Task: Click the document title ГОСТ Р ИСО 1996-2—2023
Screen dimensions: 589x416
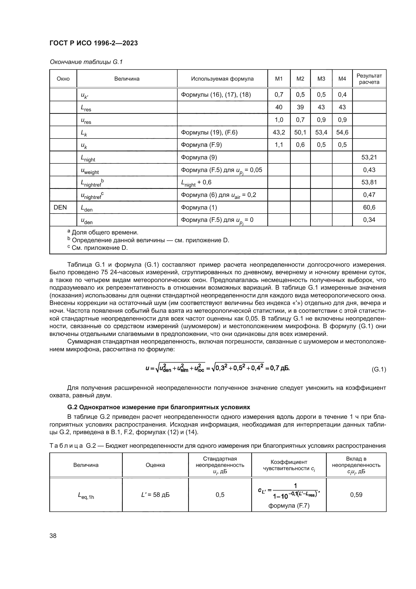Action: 94,43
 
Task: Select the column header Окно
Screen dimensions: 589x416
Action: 63,79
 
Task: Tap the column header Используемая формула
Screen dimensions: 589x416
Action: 222,79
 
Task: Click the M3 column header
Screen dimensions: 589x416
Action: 321,79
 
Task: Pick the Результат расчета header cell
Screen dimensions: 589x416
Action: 369,79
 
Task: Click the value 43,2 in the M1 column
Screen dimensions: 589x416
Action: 279,132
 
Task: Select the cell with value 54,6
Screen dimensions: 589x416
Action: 342,132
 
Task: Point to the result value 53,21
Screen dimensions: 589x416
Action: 369,157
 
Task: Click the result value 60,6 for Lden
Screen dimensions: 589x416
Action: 369,207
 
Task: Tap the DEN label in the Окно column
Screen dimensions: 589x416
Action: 60,207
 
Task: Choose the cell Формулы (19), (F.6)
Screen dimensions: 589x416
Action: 209,132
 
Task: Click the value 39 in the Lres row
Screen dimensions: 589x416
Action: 300,107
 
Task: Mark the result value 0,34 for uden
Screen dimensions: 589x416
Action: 369,220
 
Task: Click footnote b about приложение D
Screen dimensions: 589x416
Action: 149,240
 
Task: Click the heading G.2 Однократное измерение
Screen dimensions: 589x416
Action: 158,407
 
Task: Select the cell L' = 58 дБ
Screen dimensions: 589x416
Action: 155,495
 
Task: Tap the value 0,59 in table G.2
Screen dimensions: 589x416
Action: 356,495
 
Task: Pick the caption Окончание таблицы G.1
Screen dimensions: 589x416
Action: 86,62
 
